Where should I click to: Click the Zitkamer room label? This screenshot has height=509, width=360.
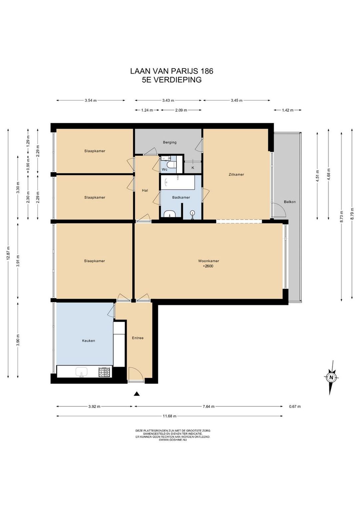(x=236, y=175)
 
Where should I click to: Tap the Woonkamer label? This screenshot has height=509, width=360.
(x=209, y=261)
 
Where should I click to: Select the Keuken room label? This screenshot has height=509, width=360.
(x=88, y=341)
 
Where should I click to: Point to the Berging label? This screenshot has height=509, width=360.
(x=170, y=142)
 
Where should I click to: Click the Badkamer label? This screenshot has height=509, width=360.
(x=181, y=197)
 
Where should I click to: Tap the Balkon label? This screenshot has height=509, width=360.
(x=290, y=202)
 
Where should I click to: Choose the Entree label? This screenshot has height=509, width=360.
(x=138, y=338)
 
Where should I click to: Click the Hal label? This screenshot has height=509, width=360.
(x=145, y=190)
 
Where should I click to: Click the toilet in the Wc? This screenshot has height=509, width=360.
(x=170, y=164)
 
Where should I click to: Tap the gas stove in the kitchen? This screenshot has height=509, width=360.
(x=104, y=372)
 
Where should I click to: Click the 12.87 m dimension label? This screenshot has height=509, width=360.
(x=8, y=253)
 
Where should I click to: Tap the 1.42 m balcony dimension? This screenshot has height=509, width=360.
(x=287, y=110)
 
